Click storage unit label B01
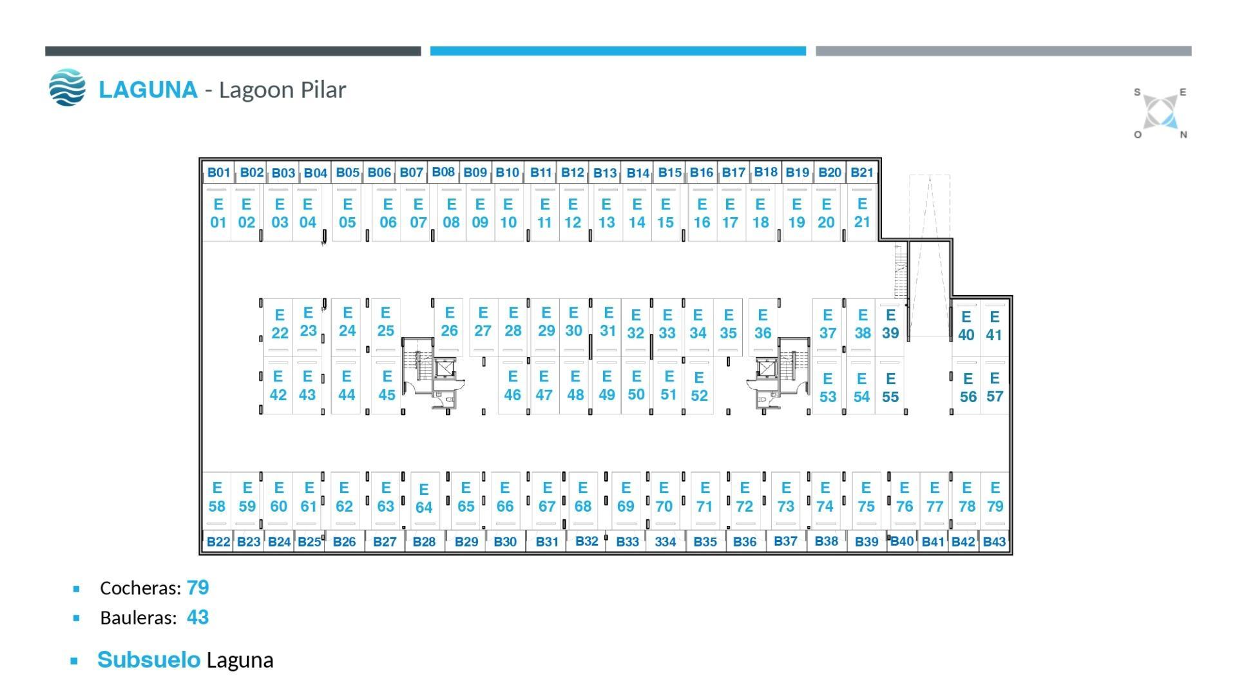click(218, 173)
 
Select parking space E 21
click(861, 213)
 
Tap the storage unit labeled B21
click(861, 173)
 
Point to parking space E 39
click(890, 324)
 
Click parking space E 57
click(995, 387)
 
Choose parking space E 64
click(424, 498)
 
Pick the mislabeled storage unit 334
click(666, 542)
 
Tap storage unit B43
click(994, 542)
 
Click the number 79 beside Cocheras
click(198, 588)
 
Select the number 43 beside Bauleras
click(198, 617)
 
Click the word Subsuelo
click(149, 660)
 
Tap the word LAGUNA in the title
click(148, 90)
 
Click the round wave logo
click(67, 88)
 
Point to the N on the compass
click(1184, 135)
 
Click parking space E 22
click(280, 324)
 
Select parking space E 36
click(763, 324)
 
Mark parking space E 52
click(699, 386)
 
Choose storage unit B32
click(586, 541)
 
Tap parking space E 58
click(217, 497)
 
